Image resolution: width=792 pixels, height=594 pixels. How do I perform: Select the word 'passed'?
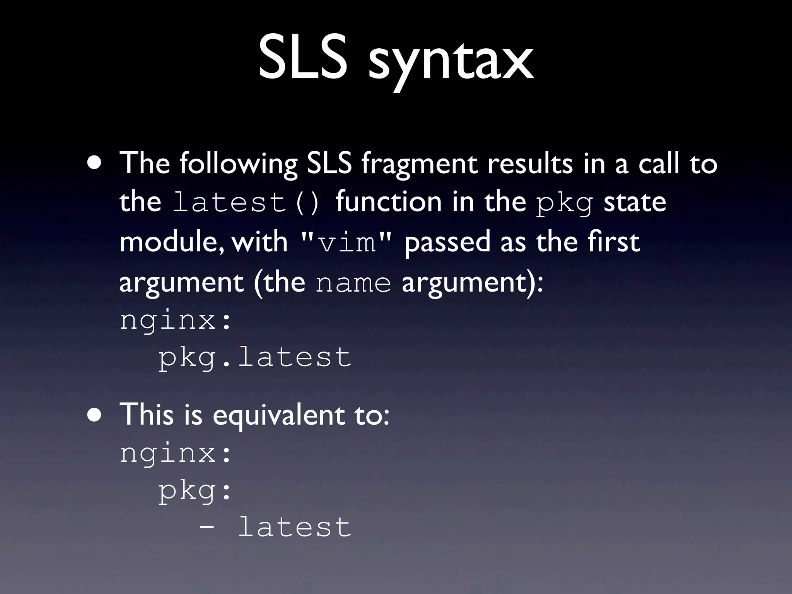[x=447, y=242]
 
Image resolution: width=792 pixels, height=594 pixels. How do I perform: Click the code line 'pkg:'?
[x=196, y=491]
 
